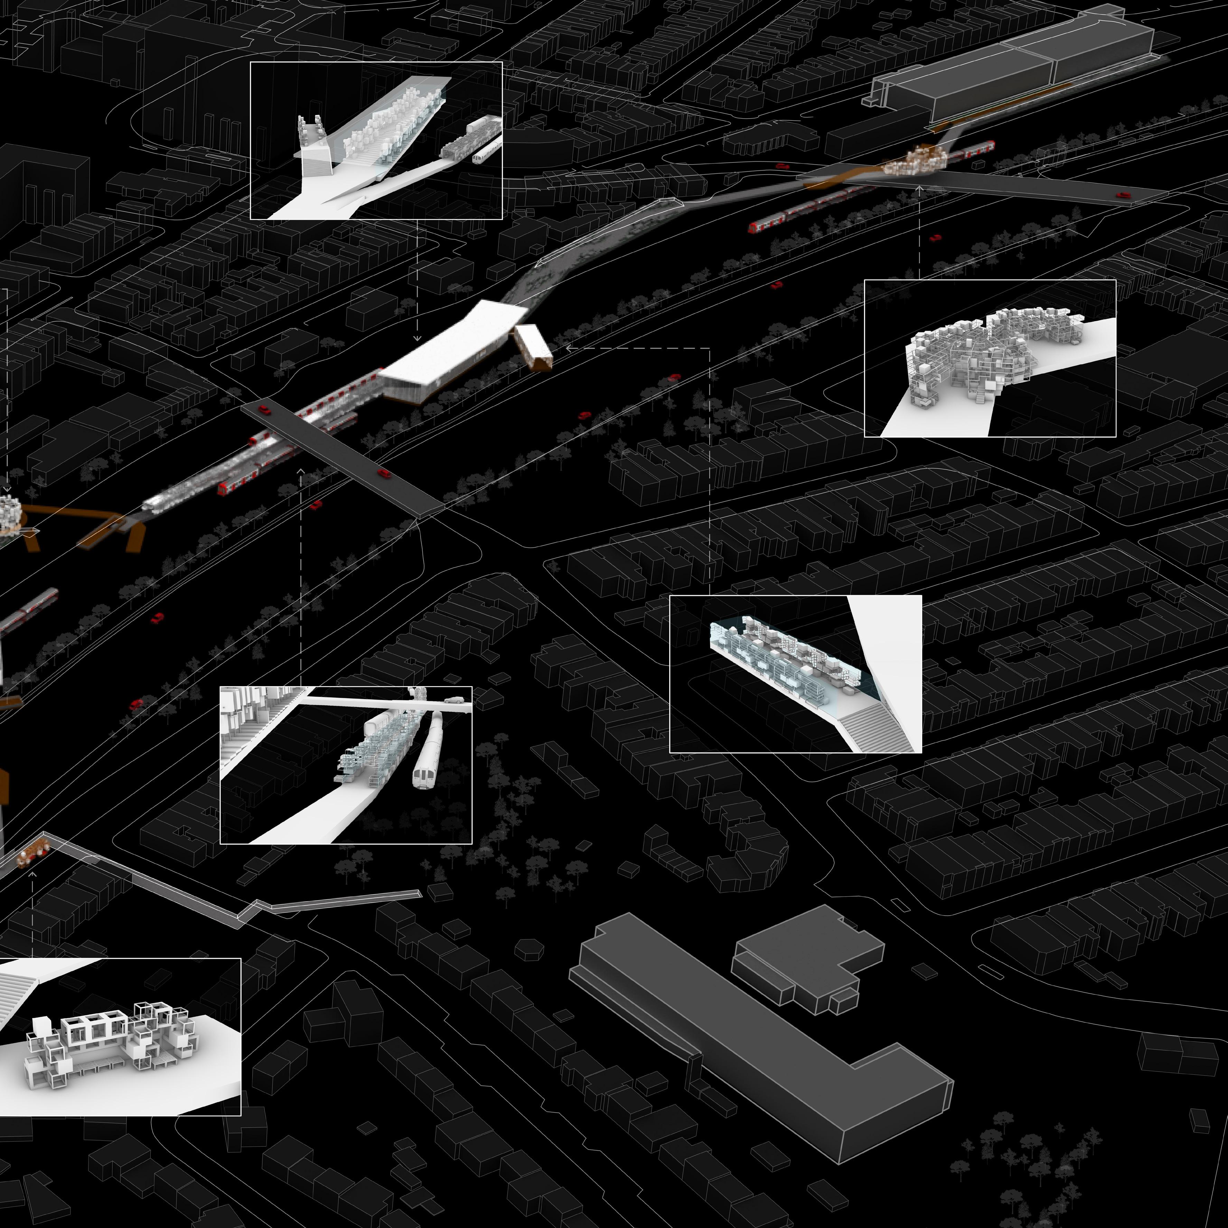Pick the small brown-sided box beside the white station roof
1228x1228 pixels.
533,346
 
